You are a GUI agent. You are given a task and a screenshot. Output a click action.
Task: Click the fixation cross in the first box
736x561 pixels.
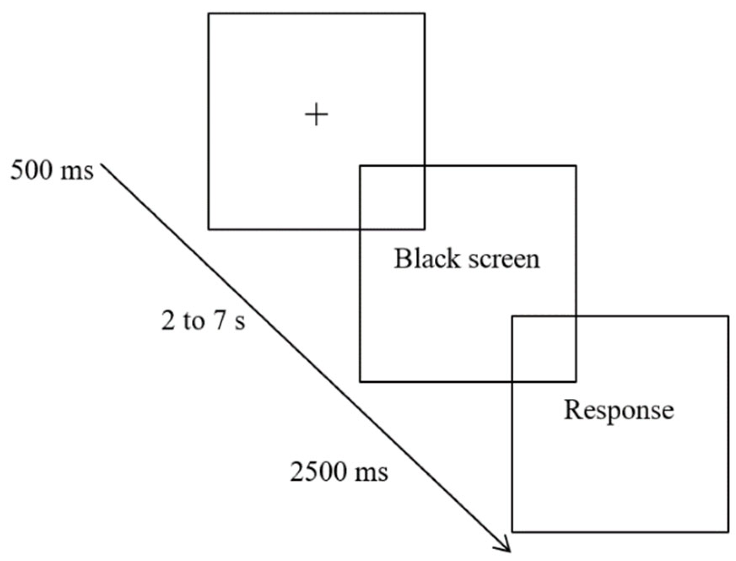316,115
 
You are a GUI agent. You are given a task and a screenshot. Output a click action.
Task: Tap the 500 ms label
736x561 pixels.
52,171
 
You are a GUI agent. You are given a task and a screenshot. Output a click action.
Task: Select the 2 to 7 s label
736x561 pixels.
203,321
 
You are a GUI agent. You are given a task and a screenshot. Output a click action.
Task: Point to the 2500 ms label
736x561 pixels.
339,472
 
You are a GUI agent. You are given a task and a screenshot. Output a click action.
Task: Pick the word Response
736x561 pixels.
619,410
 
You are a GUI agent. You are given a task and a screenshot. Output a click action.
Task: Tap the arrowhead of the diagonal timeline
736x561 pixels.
507,548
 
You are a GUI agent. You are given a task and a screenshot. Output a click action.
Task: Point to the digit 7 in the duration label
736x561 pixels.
219,321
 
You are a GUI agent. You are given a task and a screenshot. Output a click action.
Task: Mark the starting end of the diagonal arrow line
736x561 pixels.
103,166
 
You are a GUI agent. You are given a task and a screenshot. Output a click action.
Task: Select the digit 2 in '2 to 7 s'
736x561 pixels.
169,321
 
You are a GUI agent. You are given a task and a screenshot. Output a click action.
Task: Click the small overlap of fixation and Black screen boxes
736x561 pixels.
392,198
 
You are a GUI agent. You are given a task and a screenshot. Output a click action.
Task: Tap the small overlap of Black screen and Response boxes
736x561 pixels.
544,349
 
